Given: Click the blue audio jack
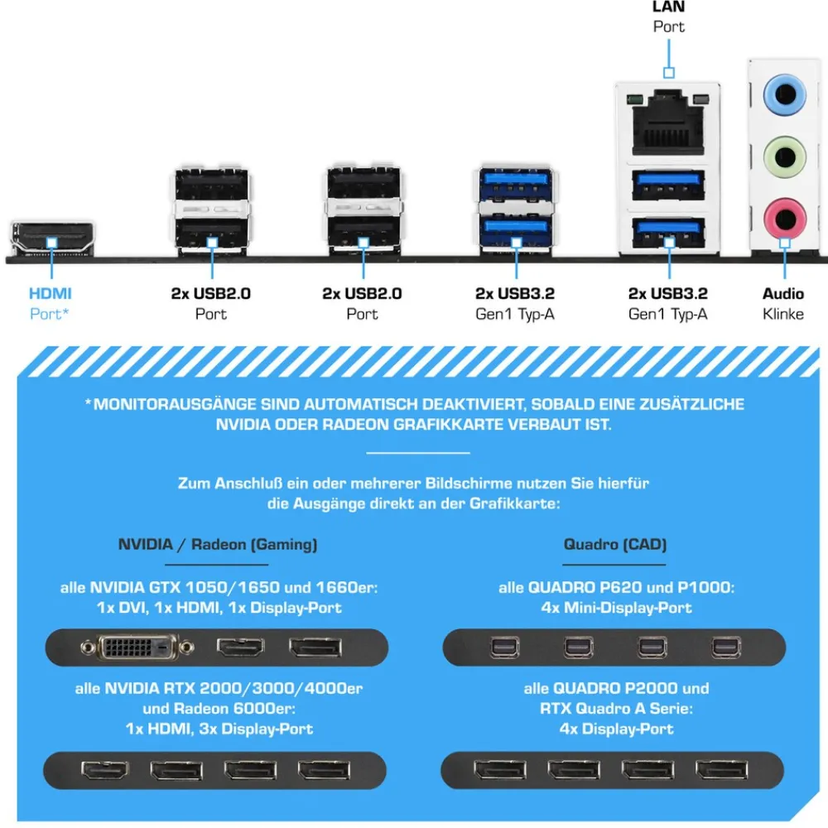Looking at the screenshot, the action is pyautogui.click(x=785, y=95).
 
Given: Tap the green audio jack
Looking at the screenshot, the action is pyautogui.click(x=785, y=156).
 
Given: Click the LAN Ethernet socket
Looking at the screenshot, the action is pyautogui.click(x=668, y=123).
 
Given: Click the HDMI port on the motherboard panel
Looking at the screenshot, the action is pyautogui.click(x=51, y=238).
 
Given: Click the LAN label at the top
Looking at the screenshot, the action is pyautogui.click(x=668, y=7).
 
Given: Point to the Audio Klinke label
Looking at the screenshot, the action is pyautogui.click(x=783, y=304).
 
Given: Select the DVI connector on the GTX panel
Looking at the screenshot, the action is pyautogui.click(x=137, y=647).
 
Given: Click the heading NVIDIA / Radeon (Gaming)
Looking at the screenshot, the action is pyautogui.click(x=218, y=545).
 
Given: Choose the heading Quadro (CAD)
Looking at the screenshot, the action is pyautogui.click(x=615, y=545).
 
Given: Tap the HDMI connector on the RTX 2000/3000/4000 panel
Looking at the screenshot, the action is pyautogui.click(x=105, y=771).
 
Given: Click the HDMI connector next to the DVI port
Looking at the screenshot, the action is pyautogui.click(x=241, y=647).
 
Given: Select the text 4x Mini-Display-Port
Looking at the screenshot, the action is pyautogui.click(x=616, y=608).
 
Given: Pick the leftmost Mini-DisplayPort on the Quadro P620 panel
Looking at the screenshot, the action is pyautogui.click(x=505, y=647).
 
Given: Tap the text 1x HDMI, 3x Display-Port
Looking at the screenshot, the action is pyautogui.click(x=219, y=729).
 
